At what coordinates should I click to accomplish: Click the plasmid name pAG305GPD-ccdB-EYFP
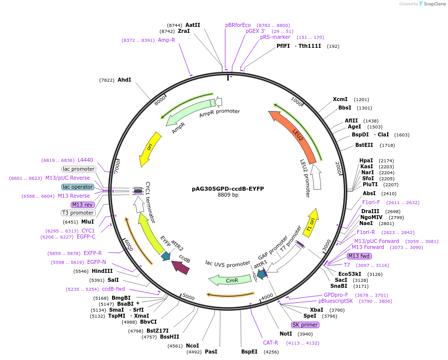[x=228, y=189]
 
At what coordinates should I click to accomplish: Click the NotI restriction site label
[x=286, y=334]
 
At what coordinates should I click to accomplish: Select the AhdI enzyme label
[x=124, y=80]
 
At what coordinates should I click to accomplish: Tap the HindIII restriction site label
[x=102, y=271]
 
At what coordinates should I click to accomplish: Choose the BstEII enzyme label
[x=364, y=145]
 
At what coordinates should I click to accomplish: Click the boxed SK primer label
[x=305, y=325]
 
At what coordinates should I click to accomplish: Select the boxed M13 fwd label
[x=359, y=256]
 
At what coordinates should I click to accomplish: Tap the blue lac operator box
[x=78, y=187]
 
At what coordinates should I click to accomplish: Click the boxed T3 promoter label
[x=78, y=213]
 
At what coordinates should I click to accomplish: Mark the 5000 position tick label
[x=188, y=297]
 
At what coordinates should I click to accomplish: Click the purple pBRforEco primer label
[x=238, y=25]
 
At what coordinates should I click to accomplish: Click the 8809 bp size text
[x=228, y=195]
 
